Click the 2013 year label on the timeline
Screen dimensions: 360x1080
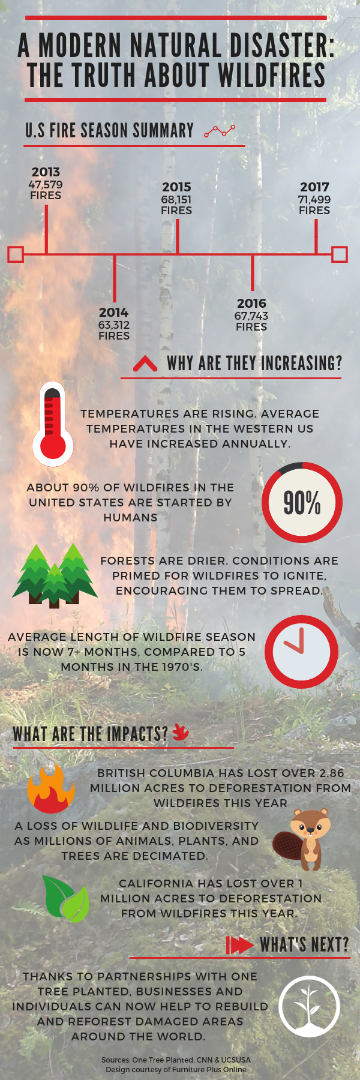[x=46, y=172]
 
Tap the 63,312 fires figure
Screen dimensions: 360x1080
[x=114, y=325]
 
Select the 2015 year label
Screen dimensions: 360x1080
[x=176, y=187]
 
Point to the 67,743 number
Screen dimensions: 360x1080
[x=251, y=316]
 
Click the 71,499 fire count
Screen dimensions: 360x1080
[x=314, y=200]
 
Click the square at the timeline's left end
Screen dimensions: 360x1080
[x=16, y=254]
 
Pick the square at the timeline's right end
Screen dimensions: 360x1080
[x=340, y=254]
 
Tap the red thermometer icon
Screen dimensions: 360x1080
[x=53, y=424]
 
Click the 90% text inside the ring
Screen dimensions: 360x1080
[x=302, y=503]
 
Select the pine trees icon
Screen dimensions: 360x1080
[x=55, y=575]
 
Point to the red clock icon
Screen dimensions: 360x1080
[x=302, y=652]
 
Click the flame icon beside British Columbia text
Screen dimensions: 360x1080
[x=51, y=788]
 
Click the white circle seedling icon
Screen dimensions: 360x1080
[x=310, y=1006]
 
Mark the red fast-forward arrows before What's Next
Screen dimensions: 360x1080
[x=239, y=945]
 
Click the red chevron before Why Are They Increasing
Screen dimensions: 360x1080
[x=145, y=364]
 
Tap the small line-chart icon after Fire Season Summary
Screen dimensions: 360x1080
[x=220, y=131]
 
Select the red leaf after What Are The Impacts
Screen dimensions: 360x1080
[x=181, y=732]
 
